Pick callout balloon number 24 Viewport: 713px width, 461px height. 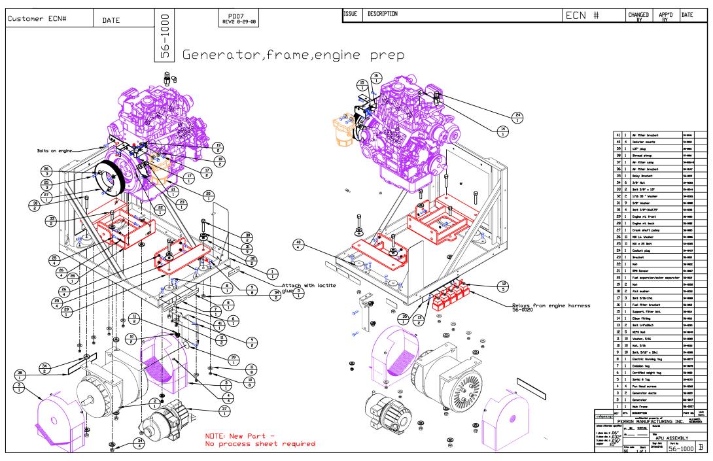tap(518, 117)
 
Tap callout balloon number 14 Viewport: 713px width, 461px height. tap(502, 131)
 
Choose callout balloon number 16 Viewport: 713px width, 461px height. tap(375, 78)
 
